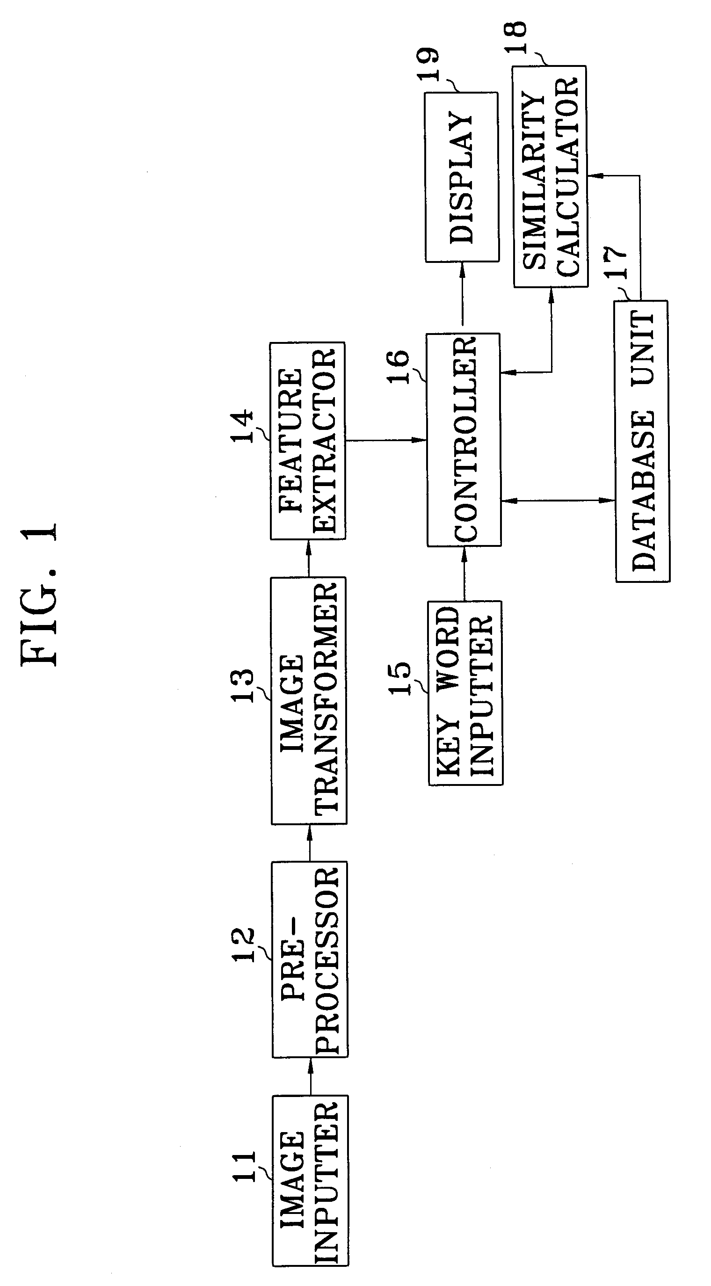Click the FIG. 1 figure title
point(40,594)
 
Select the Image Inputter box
point(310,1180)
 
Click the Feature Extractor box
point(308,441)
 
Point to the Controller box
point(464,439)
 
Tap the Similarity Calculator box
point(550,176)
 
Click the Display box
point(462,177)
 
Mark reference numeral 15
point(399,678)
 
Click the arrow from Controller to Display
point(462,298)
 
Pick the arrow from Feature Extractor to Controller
point(386,440)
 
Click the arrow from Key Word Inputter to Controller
point(464,573)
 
